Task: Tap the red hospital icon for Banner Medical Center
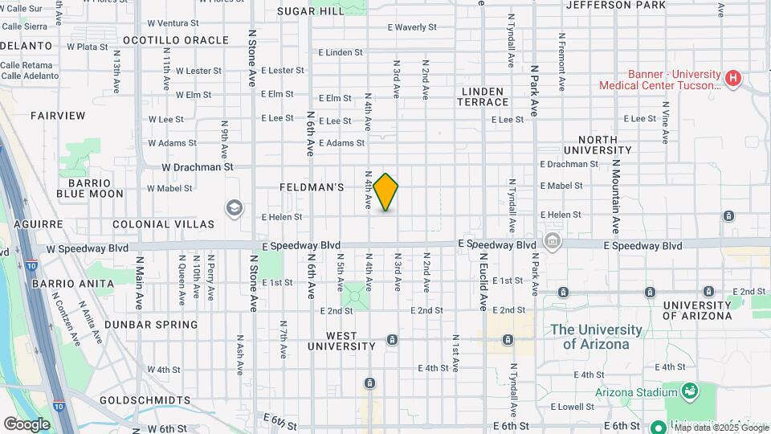[732, 79]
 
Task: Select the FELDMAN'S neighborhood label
[312, 187]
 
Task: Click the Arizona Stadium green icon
[689, 391]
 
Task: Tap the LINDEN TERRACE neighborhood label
[483, 96]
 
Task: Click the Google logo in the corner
[27, 424]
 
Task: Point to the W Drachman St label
[197, 167]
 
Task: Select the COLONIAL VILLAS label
[163, 224]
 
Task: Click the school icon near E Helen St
[234, 208]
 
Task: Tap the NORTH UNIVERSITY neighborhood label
[602, 145]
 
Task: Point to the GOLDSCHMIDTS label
[145, 399]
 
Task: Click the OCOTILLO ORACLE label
[176, 40]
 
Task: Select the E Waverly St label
[411, 27]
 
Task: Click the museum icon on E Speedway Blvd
[553, 240]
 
